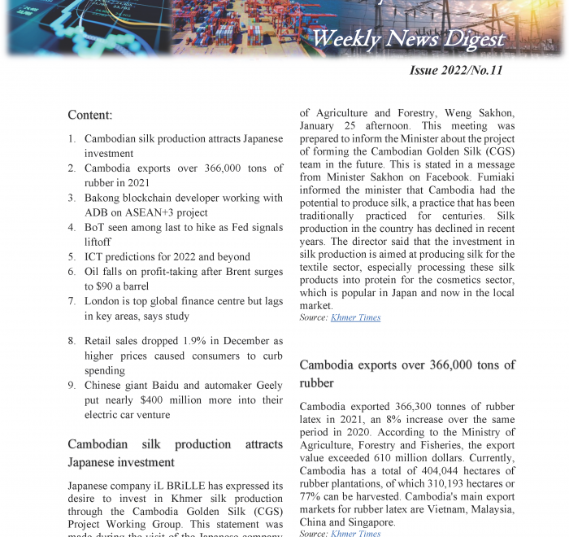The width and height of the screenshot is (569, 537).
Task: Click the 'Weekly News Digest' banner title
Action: point(408,38)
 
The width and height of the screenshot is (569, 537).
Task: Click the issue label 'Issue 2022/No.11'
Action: point(456,71)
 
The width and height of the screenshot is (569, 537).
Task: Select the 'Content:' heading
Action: point(89,115)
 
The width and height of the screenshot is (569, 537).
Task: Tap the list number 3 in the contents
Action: point(72,198)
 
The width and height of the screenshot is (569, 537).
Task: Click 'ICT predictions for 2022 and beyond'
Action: point(167,256)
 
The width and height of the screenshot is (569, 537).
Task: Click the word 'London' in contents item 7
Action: point(103,301)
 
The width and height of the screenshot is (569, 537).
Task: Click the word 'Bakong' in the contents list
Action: point(104,198)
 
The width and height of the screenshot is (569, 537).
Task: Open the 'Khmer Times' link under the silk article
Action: point(355,317)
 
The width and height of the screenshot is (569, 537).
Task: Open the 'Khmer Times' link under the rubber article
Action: point(355,533)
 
